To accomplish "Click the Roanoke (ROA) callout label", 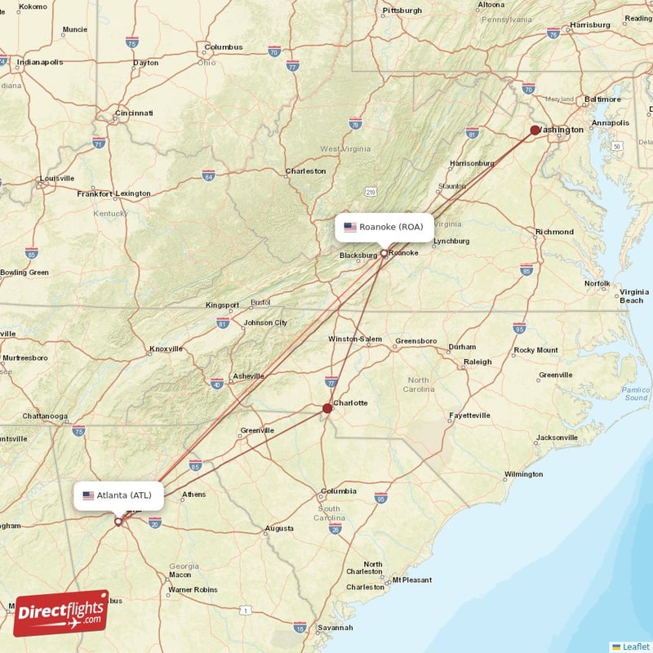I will [384, 227].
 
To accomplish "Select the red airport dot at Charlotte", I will [327, 408].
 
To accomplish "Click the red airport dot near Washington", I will [535, 130].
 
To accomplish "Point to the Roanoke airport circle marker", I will [384, 253].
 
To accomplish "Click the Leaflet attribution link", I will [634, 646].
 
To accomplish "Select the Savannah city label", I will [336, 628].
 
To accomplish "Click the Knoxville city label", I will [166, 349].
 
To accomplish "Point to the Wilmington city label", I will [523, 474].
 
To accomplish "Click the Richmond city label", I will [554, 232].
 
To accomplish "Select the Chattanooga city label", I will [45, 416].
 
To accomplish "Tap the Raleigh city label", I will [478, 362].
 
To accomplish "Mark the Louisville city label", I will [56, 178].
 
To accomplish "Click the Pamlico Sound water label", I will [634, 393].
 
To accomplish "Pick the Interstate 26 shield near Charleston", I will [335, 529].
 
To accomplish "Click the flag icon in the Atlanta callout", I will [88, 495].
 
